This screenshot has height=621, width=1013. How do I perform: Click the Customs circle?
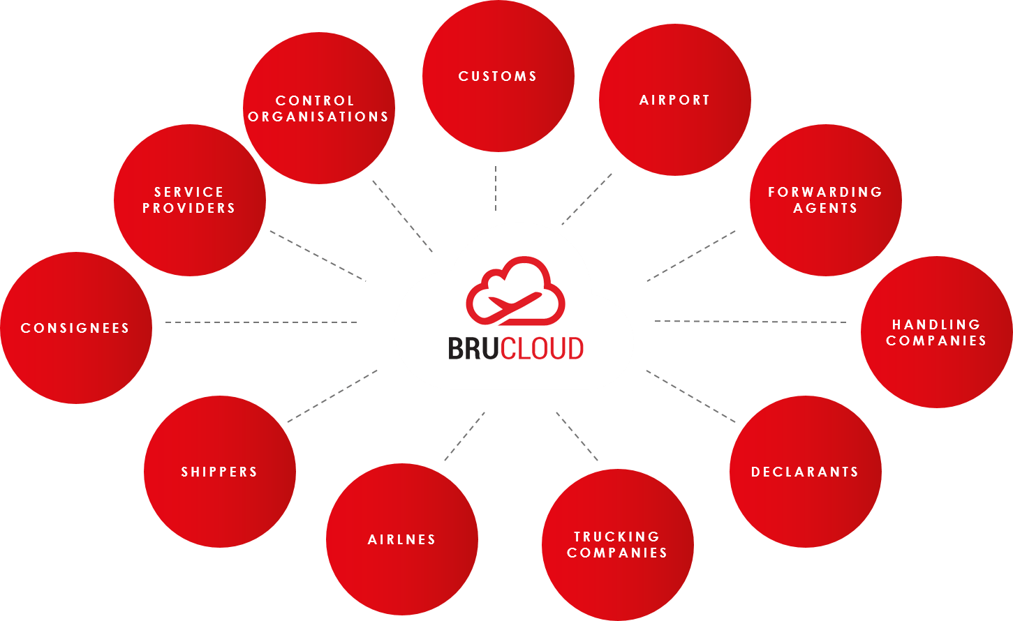tap(498, 76)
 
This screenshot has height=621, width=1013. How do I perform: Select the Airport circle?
tap(674, 100)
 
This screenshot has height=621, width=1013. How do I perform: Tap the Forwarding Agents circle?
tap(825, 200)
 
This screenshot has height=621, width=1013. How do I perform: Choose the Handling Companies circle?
tap(936, 332)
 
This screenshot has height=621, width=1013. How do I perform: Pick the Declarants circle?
tap(805, 472)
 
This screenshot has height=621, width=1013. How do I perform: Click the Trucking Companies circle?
tap(617, 544)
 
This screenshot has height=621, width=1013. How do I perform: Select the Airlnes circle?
tap(401, 539)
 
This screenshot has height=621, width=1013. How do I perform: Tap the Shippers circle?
tap(219, 472)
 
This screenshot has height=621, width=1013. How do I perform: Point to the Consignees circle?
tap(75, 328)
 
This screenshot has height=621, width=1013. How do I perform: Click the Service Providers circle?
tap(189, 200)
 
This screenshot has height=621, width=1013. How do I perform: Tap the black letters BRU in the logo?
tap(474, 348)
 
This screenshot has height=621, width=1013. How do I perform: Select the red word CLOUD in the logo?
tap(542, 348)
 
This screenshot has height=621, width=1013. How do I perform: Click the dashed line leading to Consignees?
tap(261, 322)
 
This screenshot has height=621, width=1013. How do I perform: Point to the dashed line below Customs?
tap(496, 188)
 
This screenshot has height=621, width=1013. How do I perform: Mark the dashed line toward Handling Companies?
tap(750, 322)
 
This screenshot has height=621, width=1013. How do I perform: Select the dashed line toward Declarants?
tap(690, 396)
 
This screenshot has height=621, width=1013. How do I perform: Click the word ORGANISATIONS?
tap(318, 117)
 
